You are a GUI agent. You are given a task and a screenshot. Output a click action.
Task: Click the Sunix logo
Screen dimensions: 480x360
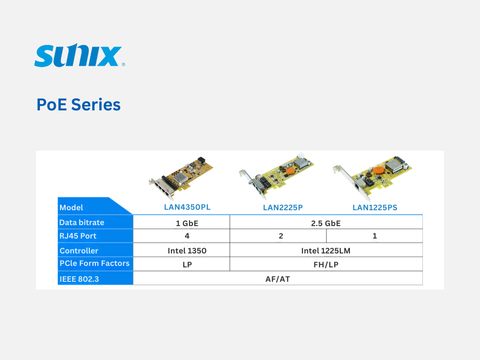coord(80,55)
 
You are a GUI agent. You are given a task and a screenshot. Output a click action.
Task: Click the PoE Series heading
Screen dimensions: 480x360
coord(79,105)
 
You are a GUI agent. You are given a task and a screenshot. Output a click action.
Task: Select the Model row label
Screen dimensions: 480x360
coord(71,207)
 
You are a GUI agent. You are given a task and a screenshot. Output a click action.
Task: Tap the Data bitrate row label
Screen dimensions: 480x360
coord(82,223)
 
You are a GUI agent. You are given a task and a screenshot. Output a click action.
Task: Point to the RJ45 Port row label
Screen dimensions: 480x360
coord(78,236)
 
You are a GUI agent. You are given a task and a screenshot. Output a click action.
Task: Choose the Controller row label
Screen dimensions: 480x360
coord(79,251)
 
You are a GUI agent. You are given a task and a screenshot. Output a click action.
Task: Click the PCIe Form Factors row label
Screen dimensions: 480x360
coord(95,263)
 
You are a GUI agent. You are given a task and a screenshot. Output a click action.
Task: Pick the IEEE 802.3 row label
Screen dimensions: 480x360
coord(79,279)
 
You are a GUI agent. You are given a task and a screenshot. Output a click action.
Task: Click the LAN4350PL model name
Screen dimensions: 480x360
coord(187,207)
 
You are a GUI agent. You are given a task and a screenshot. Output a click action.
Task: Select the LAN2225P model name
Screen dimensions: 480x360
coord(283,207)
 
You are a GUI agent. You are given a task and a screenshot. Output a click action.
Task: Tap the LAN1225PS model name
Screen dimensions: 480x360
coord(375,207)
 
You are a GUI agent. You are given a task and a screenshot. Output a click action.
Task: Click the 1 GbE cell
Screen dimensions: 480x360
coord(187,224)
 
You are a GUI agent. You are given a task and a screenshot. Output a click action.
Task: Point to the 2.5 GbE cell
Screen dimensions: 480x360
coord(326,224)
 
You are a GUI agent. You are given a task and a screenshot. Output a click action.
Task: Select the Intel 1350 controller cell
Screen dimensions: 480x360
coord(187,251)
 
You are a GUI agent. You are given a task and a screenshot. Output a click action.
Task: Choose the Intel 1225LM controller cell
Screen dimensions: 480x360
coord(326,251)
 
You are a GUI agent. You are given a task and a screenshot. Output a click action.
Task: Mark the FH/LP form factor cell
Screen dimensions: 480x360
coord(326,264)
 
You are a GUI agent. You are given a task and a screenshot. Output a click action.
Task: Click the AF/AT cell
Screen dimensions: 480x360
coord(277,279)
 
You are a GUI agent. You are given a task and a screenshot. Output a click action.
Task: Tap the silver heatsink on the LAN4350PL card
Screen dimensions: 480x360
coord(181,178)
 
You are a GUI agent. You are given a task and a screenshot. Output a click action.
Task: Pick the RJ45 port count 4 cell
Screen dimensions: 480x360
coord(187,236)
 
